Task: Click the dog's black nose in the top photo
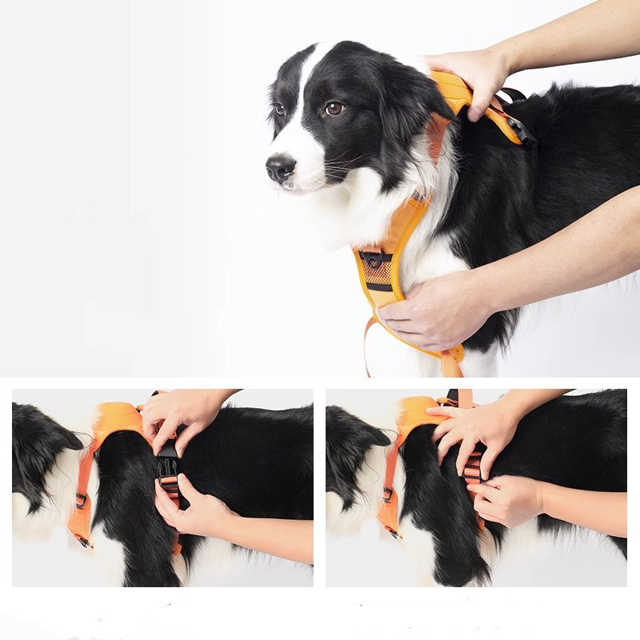pos(280,167)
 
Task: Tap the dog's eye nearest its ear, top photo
pos(334,108)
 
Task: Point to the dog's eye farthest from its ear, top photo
pos(279,109)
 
